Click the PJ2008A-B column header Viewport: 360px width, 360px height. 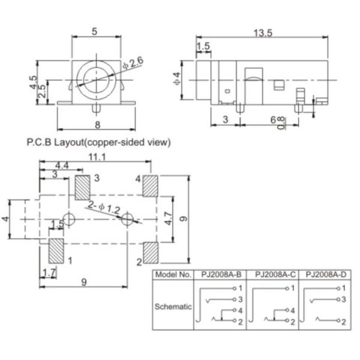click(221, 275)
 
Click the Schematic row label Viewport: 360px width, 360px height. click(173, 306)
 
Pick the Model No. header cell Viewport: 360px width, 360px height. click(173, 275)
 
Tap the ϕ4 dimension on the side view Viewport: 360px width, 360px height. click(176, 77)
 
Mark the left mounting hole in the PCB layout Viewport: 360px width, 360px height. click(70, 220)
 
